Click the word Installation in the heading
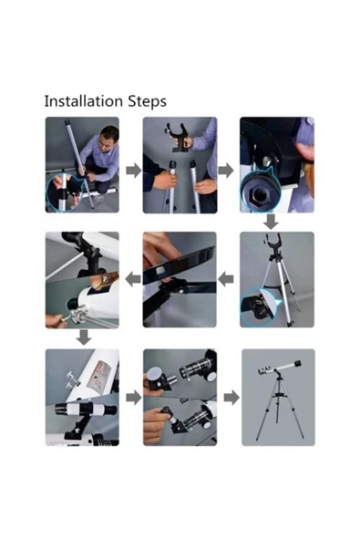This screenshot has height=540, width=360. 84,101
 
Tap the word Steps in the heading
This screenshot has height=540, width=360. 148,102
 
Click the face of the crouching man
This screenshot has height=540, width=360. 109,138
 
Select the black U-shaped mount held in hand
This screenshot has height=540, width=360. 179,137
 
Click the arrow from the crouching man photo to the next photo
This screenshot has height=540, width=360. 134,171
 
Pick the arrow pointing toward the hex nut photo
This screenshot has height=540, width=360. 226,171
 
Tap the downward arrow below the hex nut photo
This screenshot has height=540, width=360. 271,222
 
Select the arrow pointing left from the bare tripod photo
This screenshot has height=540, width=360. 226,278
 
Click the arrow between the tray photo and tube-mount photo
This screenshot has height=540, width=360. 133,278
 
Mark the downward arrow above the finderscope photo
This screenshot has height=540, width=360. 84,337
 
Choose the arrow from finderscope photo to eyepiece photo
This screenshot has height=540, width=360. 134,398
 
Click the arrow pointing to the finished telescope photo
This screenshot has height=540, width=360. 231,398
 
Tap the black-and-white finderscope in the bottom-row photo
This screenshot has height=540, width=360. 86,410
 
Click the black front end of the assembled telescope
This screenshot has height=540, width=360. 297,363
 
